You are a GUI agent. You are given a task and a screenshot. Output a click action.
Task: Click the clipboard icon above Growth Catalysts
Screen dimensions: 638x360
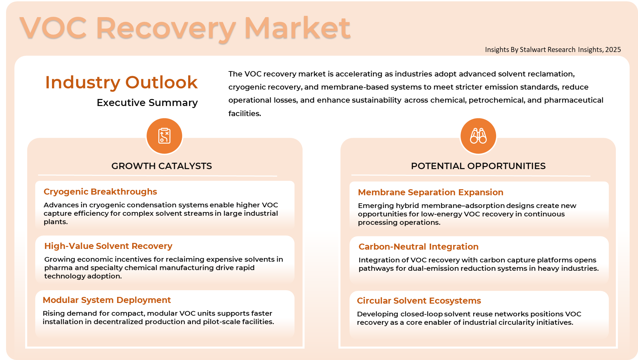point(164,136)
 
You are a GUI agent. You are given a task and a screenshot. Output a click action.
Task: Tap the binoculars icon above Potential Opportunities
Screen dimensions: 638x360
point(478,136)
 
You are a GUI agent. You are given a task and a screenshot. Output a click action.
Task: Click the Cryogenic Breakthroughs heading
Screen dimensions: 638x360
point(100,192)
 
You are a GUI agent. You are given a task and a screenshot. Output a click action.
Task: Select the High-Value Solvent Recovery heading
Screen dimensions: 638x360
point(108,246)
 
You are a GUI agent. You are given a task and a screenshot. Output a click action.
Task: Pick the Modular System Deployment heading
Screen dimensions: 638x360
point(107,300)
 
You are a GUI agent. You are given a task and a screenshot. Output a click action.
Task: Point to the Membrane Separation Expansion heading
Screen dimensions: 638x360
point(431,192)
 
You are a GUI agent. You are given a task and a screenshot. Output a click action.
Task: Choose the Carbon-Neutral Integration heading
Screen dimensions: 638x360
point(419,247)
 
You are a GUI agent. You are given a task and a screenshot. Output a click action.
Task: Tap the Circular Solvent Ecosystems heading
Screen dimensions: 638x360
point(419,301)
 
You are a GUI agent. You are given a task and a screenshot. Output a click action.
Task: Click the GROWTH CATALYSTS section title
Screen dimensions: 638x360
point(162,166)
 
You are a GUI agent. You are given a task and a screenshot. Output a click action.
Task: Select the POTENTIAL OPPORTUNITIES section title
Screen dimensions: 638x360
point(478,166)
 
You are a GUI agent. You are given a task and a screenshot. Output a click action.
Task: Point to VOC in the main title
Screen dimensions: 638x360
point(53,28)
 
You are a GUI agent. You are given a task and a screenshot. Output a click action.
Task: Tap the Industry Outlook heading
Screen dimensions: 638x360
point(121,83)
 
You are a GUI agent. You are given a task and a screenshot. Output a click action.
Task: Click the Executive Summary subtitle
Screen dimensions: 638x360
point(147,103)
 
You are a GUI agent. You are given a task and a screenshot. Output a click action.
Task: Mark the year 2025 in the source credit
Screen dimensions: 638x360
point(613,50)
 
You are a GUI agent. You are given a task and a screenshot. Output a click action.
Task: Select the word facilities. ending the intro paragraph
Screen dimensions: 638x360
point(245,114)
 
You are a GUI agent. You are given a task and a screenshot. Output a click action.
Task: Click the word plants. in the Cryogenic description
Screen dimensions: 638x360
point(56,222)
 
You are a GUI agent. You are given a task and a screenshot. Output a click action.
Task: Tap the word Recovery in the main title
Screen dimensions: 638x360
point(166,29)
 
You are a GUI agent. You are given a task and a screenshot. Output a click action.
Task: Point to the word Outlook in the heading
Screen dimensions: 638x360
point(161,83)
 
